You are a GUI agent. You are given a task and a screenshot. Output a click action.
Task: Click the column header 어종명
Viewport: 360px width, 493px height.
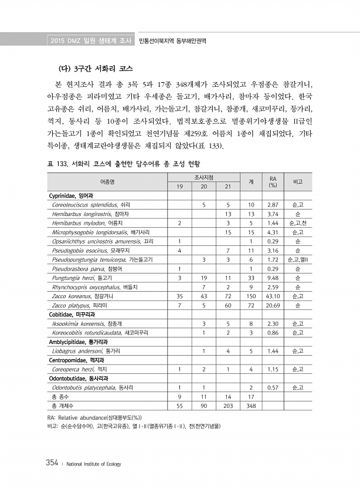pyautogui.click(x=107, y=181)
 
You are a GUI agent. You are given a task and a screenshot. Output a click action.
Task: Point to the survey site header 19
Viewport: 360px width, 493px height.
pyautogui.click(x=179, y=186)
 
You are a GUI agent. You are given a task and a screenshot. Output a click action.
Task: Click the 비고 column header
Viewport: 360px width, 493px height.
pyautogui.click(x=298, y=181)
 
